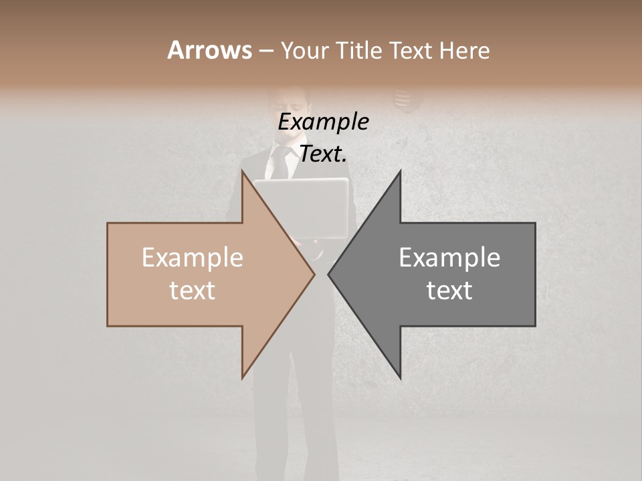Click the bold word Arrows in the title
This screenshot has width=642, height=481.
point(209,50)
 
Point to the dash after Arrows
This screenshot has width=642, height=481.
point(265,51)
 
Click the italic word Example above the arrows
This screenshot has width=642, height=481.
point(323,122)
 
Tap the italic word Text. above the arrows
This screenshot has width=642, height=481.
point(323,154)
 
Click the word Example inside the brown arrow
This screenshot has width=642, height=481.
point(193,258)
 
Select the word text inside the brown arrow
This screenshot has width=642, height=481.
point(193,291)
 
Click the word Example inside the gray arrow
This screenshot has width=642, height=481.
point(449,258)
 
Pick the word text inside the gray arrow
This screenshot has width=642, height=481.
point(449,291)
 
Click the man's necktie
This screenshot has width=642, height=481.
point(280,163)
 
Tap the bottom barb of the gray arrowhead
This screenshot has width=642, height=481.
point(399,375)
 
